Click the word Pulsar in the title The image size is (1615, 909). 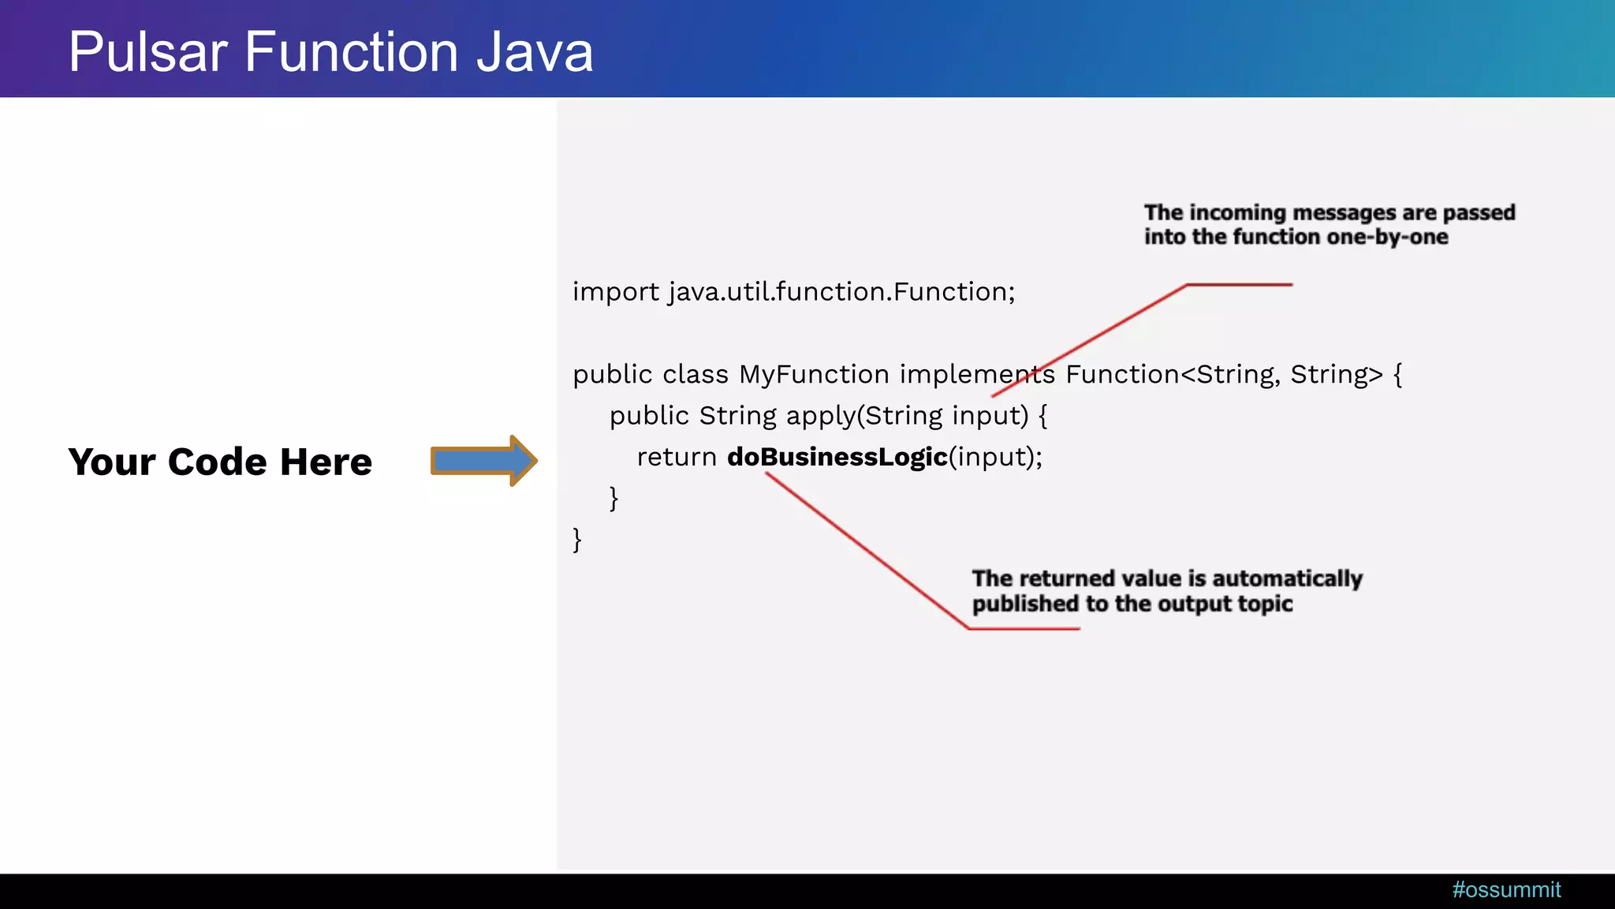(147, 52)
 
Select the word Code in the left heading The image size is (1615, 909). (217, 462)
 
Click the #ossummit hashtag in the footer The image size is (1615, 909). (1506, 890)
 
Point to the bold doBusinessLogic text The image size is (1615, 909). (837, 457)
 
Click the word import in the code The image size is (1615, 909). (615, 292)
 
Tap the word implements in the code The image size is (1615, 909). (977, 374)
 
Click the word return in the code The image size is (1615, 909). (676, 457)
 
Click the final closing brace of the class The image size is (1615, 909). (577, 540)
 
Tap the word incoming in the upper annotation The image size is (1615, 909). (1237, 213)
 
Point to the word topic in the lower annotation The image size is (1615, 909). (1265, 604)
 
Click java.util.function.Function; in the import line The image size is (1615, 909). (841, 292)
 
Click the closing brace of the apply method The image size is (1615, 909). (614, 498)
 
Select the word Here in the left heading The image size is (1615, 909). (326, 462)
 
